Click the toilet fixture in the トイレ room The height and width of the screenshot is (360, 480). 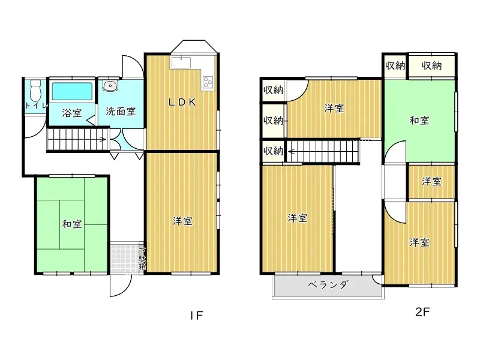click(35, 91)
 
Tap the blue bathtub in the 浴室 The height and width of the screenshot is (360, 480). click(72, 92)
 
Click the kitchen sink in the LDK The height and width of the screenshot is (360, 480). click(181, 62)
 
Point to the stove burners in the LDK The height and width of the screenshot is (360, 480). click(208, 82)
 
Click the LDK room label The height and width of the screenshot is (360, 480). click(181, 102)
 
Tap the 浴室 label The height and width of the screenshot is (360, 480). click(73, 112)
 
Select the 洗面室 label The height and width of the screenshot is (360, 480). click(121, 112)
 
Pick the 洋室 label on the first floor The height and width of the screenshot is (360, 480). click(182, 221)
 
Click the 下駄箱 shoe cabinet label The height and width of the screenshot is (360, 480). click(142, 261)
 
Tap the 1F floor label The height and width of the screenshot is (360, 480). click(197, 314)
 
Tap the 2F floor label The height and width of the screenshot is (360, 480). click(422, 312)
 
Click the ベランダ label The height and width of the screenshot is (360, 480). click(328, 285)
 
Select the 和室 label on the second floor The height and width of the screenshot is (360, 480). click(419, 120)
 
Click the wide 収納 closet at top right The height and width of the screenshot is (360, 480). click(431, 65)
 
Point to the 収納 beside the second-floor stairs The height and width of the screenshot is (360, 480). click(273, 151)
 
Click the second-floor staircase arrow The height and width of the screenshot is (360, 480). click(292, 151)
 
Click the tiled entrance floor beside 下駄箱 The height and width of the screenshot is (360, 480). click(124, 259)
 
